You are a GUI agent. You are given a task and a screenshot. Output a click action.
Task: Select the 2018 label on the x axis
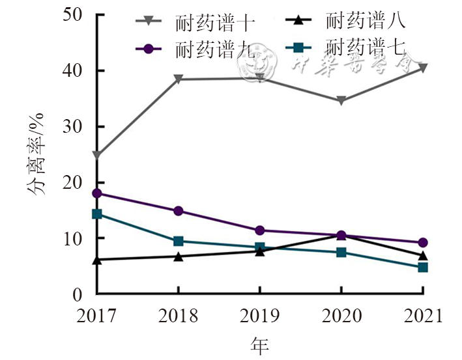[x=178, y=317]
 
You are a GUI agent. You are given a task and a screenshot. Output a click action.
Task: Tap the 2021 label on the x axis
[x=423, y=317]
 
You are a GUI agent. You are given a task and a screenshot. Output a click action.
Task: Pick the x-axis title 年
[x=260, y=344]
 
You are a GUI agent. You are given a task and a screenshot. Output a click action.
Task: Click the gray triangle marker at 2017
[x=96, y=156]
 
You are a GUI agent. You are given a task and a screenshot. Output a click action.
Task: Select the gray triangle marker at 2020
[x=341, y=101]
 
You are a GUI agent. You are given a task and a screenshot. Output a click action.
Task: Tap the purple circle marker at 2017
[x=96, y=193]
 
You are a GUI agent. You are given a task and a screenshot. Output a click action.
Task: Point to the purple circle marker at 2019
[x=259, y=230]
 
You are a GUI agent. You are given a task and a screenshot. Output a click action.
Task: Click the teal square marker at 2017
[x=96, y=214]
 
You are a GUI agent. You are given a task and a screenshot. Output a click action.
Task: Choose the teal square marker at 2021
[x=423, y=268]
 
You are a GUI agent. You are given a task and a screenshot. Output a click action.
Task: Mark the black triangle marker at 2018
[x=178, y=256]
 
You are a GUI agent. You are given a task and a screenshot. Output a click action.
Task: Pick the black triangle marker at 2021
[x=423, y=255]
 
